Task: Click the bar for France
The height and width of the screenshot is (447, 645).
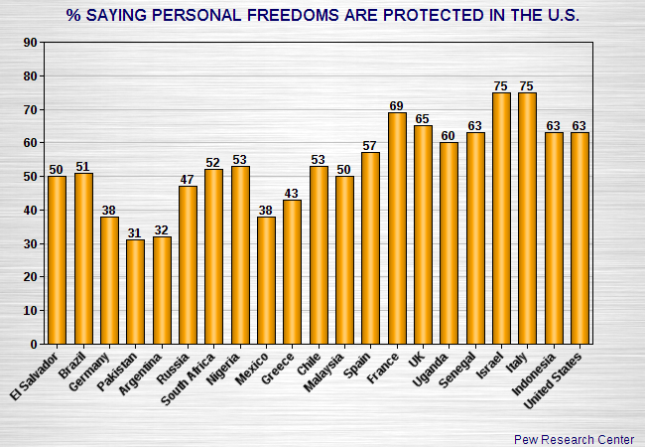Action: [397, 228]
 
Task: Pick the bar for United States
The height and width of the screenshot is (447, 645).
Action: [580, 238]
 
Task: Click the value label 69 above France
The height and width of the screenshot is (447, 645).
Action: [397, 105]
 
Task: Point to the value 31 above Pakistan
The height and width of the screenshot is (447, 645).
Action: [135, 232]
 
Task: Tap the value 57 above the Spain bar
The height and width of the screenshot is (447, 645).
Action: [370, 145]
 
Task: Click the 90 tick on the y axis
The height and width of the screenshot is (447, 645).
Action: [30, 43]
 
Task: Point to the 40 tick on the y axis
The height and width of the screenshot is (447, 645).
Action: [30, 211]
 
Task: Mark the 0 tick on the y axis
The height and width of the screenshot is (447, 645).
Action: [34, 345]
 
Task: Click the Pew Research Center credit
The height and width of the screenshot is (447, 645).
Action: [574, 438]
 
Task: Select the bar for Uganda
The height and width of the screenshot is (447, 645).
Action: [450, 243]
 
